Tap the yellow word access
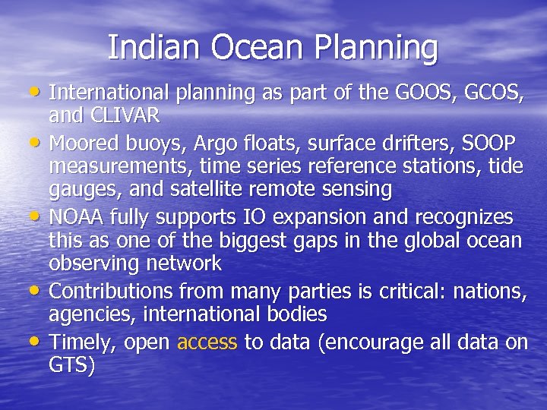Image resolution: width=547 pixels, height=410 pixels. pos(207,342)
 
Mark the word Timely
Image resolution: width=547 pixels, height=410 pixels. pos(82,342)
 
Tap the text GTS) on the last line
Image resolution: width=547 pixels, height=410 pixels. pos(72,367)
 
